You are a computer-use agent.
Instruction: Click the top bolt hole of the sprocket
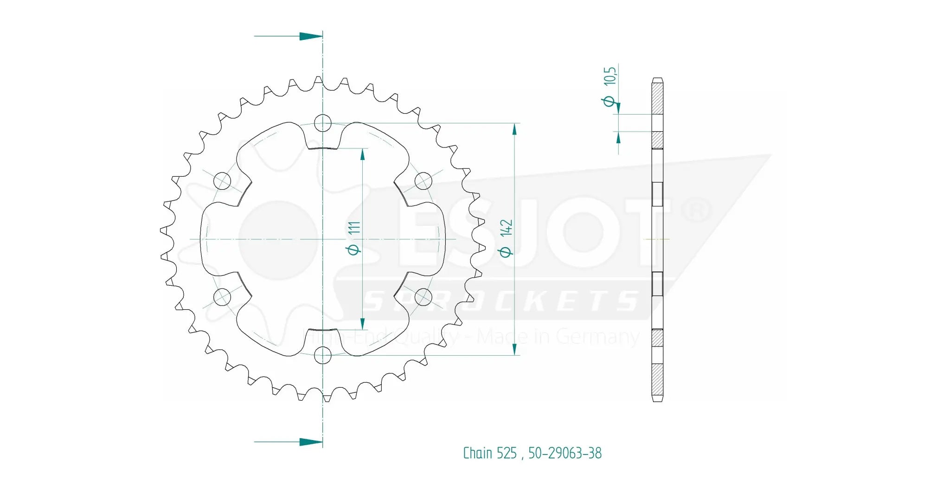click(323, 123)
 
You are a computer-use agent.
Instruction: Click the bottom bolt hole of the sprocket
click(323, 356)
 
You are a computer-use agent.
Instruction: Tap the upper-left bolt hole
click(222, 181)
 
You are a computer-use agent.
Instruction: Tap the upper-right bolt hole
click(423, 181)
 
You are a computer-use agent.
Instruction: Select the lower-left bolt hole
click(222, 297)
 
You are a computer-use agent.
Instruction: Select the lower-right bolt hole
click(423, 297)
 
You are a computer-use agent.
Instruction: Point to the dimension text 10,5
click(610, 76)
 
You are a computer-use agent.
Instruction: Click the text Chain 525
click(489, 453)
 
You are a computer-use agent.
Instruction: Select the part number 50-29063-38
click(565, 453)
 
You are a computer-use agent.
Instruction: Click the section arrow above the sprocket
click(310, 36)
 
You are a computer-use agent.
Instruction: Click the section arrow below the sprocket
click(310, 442)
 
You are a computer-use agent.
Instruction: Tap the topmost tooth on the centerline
click(318, 81)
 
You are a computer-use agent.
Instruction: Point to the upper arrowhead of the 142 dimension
click(514, 129)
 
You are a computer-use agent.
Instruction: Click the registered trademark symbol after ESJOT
click(696, 210)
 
